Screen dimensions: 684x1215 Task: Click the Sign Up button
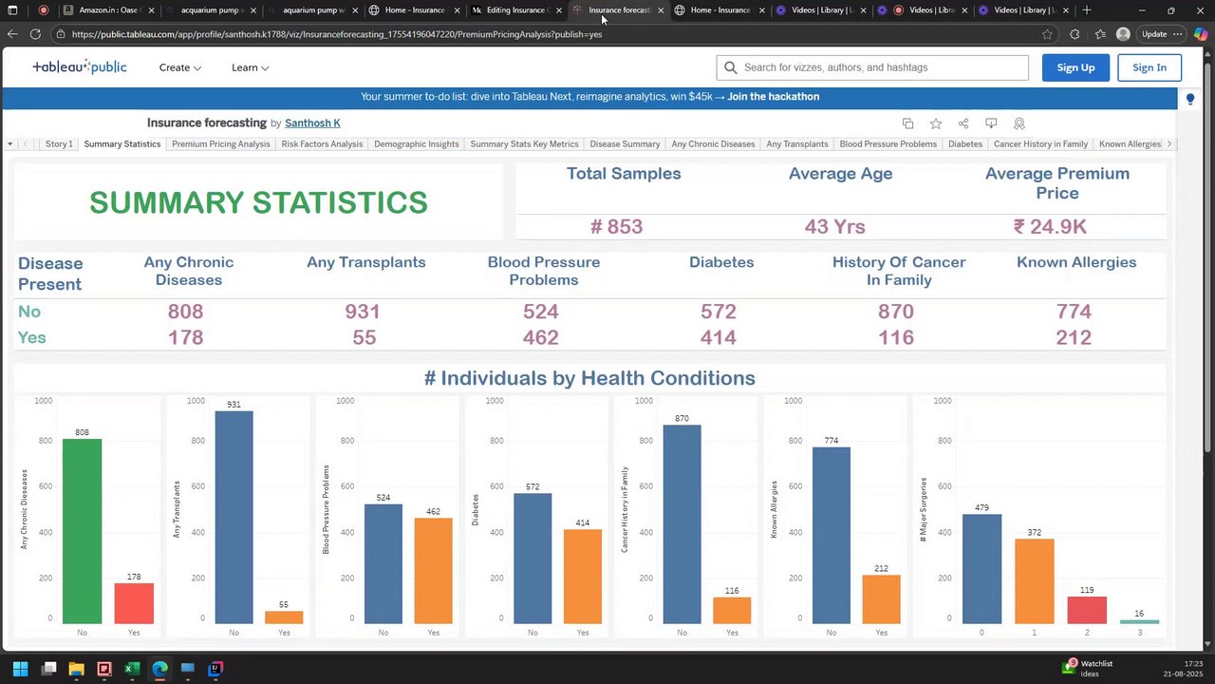1075,67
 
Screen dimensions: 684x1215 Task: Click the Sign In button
1149,67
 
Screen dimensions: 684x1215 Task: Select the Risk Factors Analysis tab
322,144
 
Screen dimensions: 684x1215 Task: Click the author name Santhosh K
312,123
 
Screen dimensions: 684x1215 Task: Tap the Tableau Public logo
80,67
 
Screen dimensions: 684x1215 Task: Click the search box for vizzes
873,67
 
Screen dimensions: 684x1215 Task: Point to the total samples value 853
616,226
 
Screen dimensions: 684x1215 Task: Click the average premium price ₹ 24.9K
1050,226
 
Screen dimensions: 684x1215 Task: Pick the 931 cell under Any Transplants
363,312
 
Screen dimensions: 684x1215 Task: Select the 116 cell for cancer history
896,337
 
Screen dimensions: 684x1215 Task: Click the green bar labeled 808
83,532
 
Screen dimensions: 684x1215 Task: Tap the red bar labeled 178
134,603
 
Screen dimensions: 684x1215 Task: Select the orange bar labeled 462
434,570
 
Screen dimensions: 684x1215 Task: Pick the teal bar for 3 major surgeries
1139,621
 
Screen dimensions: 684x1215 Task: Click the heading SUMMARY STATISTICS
258,202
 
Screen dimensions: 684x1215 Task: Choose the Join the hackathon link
773,97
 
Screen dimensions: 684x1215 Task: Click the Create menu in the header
179,67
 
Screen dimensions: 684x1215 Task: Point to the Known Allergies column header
1075,262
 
